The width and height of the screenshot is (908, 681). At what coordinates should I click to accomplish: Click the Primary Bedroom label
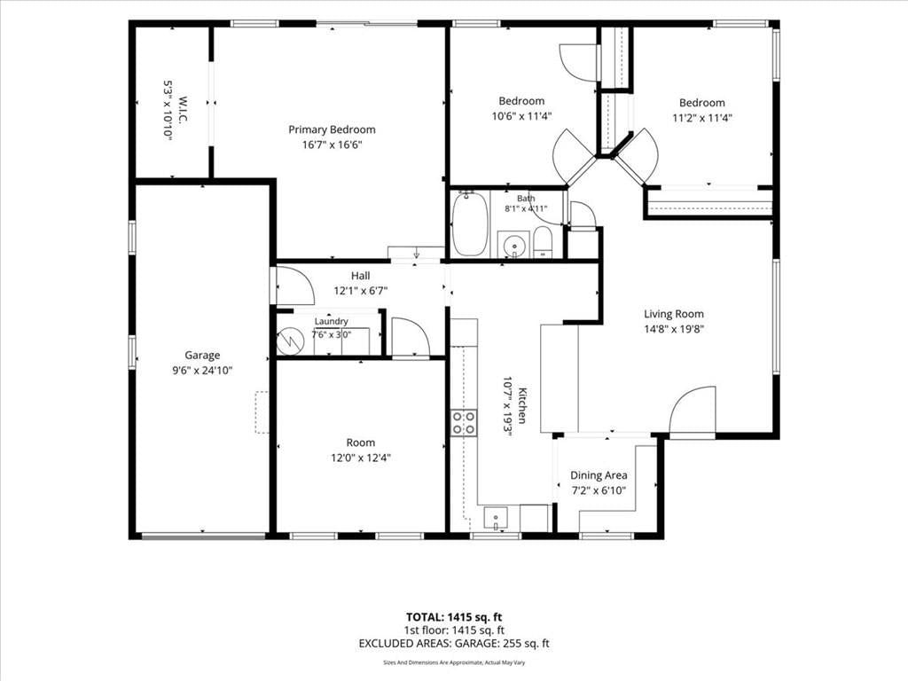[332, 129]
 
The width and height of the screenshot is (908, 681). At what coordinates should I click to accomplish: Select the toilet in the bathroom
[543, 242]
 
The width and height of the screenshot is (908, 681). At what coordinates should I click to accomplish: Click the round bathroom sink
[514, 245]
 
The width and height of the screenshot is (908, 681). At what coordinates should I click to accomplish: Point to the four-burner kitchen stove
[465, 422]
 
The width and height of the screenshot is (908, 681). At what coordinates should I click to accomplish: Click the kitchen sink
[496, 519]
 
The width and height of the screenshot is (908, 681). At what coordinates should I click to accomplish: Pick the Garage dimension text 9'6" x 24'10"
[202, 371]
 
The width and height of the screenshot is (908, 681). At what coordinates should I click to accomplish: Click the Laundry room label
[332, 321]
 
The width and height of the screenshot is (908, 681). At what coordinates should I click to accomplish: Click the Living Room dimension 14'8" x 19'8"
[674, 329]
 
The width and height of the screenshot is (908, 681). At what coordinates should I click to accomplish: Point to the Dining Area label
[599, 475]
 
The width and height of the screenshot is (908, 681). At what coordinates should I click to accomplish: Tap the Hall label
[360, 276]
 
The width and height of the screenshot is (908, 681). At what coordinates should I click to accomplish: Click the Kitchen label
[522, 405]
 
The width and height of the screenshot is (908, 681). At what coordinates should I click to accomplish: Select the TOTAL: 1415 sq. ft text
[454, 617]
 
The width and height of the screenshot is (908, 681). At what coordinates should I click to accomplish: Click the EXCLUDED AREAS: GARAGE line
[454, 644]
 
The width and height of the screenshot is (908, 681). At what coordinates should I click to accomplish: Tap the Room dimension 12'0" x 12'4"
[361, 458]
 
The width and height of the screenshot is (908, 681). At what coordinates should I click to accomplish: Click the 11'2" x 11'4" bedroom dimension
[702, 118]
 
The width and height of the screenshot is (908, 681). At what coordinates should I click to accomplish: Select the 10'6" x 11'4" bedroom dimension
[521, 116]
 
